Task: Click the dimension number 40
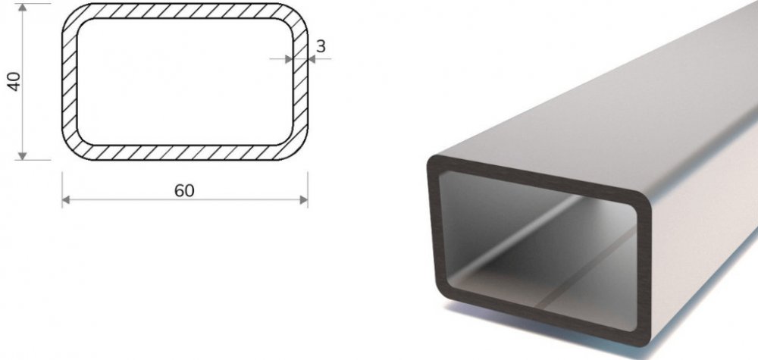click(14, 81)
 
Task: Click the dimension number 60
click(184, 191)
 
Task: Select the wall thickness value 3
click(321, 46)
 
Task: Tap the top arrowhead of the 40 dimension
click(22, 8)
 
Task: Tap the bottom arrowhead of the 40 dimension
click(22, 155)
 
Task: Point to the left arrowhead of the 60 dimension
click(66, 199)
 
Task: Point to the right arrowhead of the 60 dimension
click(304, 199)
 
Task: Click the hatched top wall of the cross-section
click(185, 11)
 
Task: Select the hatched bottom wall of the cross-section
click(185, 152)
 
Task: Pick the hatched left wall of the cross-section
click(70, 82)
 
